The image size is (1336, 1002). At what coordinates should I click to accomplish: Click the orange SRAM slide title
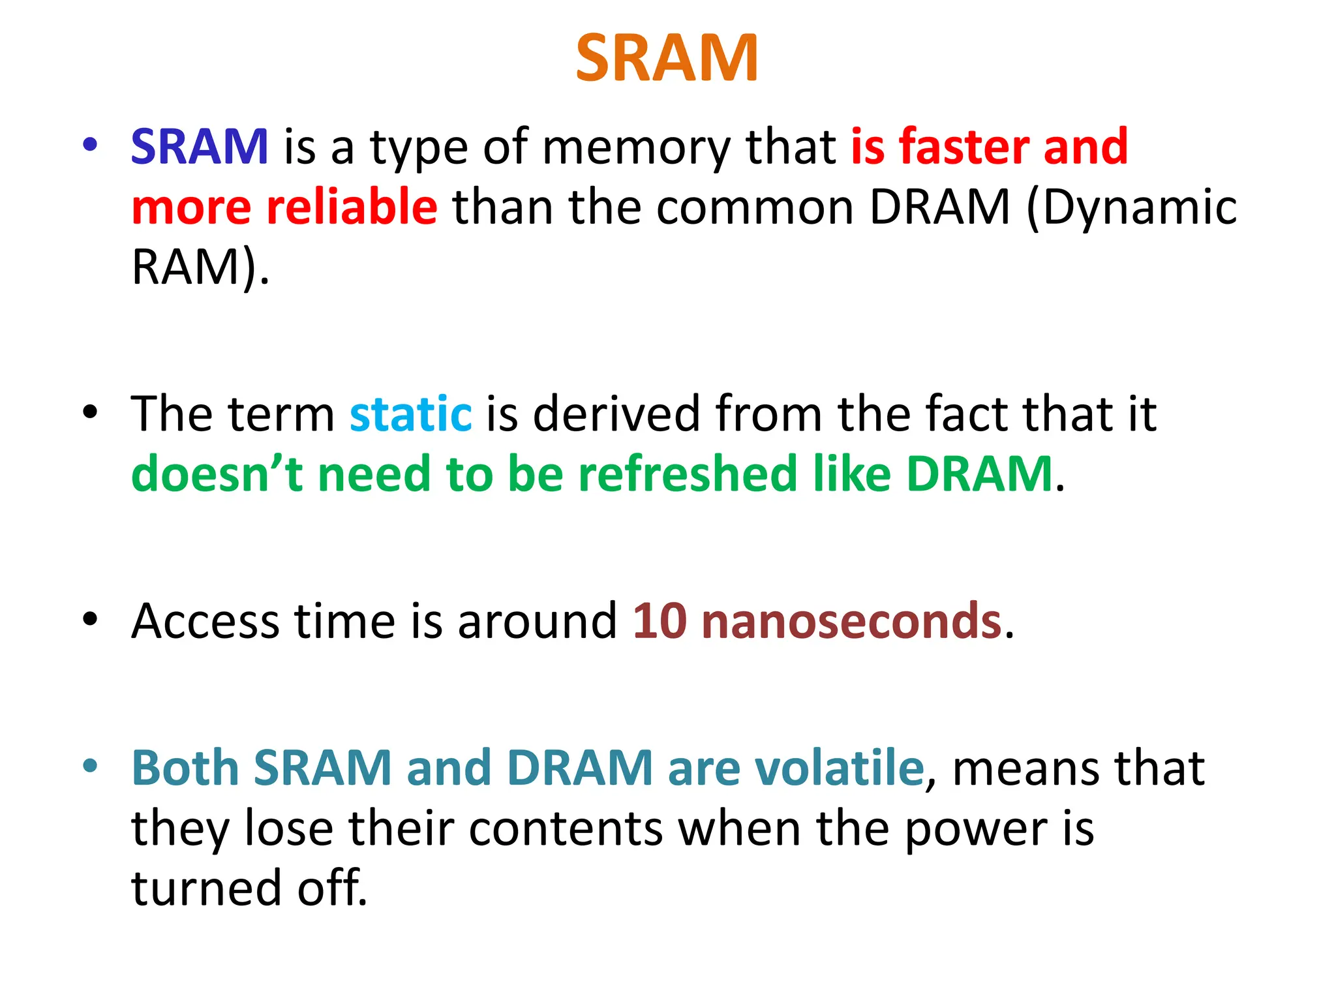667,59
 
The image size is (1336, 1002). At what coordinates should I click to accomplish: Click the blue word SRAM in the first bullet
200,147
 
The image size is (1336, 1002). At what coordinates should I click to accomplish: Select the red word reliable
352,207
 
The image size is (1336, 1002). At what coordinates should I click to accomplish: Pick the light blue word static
410,414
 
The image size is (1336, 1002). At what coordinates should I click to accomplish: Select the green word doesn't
217,474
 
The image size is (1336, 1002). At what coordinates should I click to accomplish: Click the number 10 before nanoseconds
660,620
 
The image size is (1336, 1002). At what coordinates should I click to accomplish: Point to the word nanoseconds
851,620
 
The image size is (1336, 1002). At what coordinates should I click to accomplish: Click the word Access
205,620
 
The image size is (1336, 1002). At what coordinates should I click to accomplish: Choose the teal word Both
185,768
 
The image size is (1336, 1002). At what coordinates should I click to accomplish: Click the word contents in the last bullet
565,828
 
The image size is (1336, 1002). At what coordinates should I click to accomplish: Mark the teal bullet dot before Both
90,765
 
